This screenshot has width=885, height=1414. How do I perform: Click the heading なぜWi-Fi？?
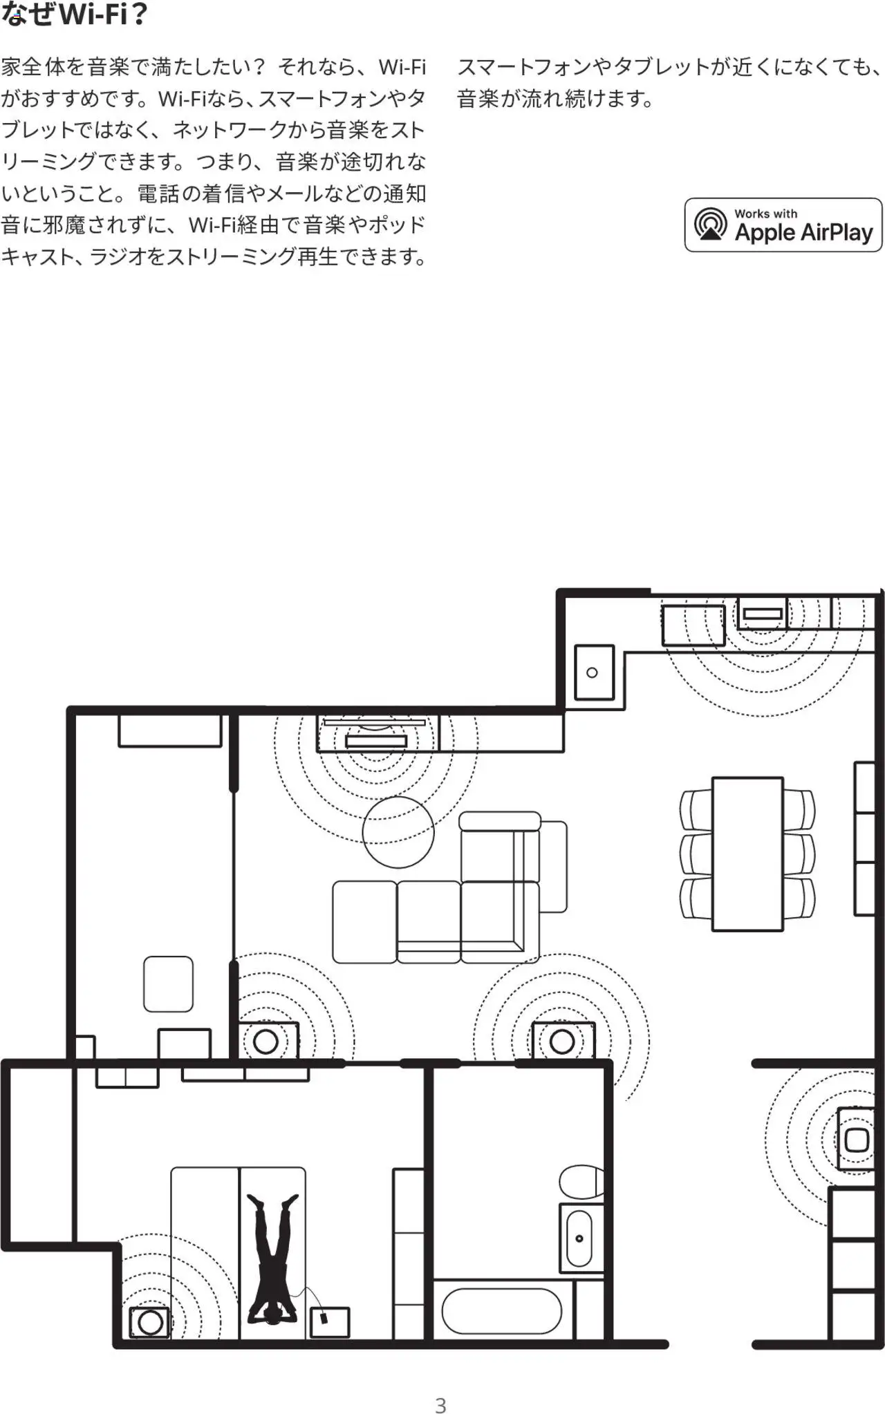(x=75, y=14)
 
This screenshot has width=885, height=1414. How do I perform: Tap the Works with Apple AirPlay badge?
(x=783, y=225)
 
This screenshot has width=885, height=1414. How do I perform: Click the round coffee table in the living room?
(x=398, y=832)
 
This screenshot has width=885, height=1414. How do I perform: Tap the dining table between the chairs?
(x=747, y=854)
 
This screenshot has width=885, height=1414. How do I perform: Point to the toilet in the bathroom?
(x=581, y=1182)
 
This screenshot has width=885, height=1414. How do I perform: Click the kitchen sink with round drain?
(x=594, y=672)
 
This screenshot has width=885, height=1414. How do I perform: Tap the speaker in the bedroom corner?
(x=150, y=1321)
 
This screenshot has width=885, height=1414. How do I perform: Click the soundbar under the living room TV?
(x=376, y=742)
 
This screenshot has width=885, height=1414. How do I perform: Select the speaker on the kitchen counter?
(x=762, y=613)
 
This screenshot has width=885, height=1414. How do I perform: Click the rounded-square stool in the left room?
(x=168, y=984)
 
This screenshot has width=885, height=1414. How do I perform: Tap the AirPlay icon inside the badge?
(x=711, y=225)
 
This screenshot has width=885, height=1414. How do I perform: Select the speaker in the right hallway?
(x=856, y=1140)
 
